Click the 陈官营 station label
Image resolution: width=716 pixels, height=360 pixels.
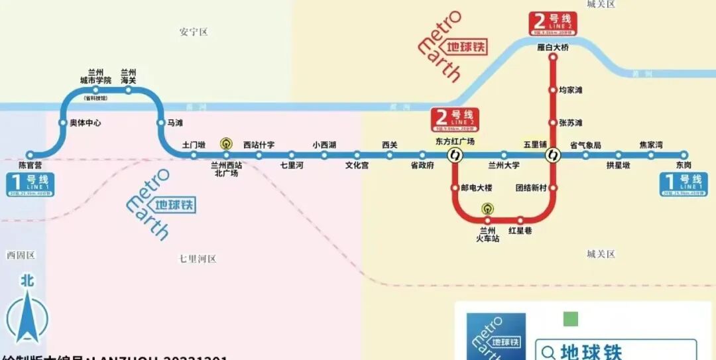click(29, 165)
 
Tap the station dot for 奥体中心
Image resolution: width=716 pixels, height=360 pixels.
click(63, 123)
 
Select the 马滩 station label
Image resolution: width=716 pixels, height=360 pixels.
click(175, 123)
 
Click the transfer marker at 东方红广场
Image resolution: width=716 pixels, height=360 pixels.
click(455, 156)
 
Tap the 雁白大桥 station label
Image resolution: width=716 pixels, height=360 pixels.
click(553, 48)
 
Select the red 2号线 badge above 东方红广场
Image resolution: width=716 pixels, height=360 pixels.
click(454, 119)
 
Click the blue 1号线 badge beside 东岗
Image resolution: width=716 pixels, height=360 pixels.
click(684, 184)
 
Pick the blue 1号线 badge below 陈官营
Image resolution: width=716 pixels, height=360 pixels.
click(30, 184)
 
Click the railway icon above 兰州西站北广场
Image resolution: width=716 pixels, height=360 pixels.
click(226, 143)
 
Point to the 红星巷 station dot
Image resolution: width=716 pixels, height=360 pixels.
click(520, 220)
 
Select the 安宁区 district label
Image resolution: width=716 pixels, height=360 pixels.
click(194, 32)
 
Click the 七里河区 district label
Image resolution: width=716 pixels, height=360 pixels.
click(198, 259)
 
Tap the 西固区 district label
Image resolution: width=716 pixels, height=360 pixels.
click(21, 255)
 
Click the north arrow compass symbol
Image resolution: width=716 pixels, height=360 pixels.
click(27, 312)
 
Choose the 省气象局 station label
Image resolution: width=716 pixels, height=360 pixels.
click(585, 145)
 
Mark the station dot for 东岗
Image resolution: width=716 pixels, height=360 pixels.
click(684, 156)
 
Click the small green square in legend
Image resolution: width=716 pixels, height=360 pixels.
click(570, 320)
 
